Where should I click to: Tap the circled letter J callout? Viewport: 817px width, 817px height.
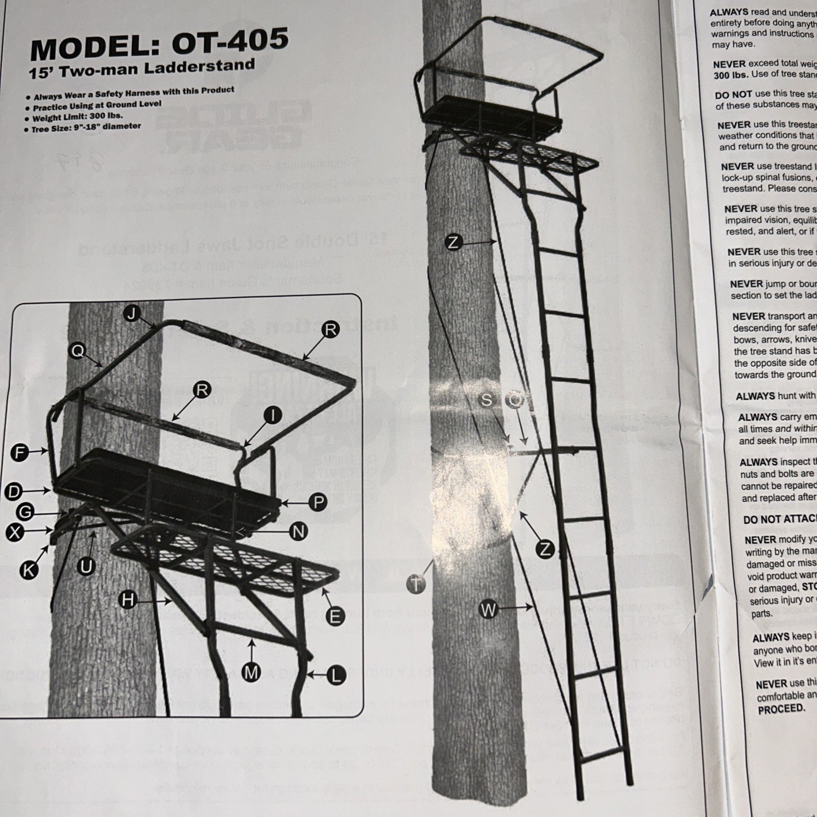(132, 314)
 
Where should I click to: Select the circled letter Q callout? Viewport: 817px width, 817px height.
(78, 351)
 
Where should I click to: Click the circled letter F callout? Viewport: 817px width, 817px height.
(19, 452)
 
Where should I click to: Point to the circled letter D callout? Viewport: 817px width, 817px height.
(14, 492)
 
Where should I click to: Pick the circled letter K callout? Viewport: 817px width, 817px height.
(29, 570)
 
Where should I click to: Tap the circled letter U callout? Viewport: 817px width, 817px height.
(86, 566)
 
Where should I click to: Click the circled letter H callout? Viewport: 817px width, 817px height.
(127, 600)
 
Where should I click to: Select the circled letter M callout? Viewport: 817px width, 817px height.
(251, 673)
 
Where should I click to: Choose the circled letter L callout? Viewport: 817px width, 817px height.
(335, 676)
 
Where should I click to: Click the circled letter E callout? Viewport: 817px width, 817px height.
(335, 617)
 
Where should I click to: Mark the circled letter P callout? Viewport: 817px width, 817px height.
(318, 502)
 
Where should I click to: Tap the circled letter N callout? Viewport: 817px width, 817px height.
(298, 532)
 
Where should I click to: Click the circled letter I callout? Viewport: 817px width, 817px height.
(273, 416)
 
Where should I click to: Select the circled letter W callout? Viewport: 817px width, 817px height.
(489, 609)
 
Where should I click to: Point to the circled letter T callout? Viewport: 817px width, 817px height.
(417, 584)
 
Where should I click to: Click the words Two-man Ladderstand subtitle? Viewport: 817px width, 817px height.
(161, 67)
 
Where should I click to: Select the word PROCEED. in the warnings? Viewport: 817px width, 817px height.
(781, 708)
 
